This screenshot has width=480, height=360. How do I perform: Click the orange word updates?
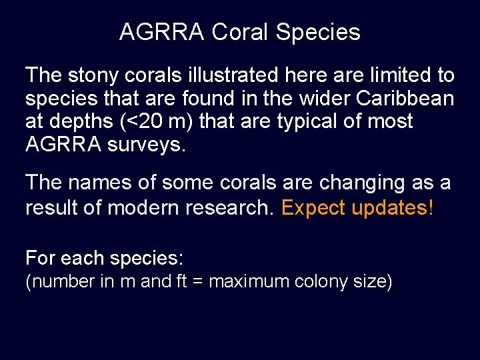392,209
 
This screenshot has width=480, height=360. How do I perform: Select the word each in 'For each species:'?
77,257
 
